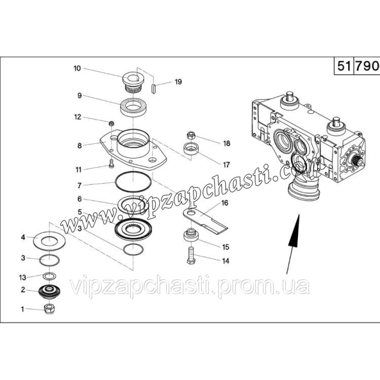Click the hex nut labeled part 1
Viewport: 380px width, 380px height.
click(49, 309)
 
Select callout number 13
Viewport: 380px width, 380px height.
click(22, 277)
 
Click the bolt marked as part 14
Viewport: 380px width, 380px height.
click(191, 255)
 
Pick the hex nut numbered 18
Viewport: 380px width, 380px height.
click(191, 135)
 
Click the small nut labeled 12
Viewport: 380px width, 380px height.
click(111, 123)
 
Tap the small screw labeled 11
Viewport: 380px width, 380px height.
click(111, 164)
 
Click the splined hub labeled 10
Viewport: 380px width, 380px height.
click(133, 82)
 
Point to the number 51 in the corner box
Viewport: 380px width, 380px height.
click(344, 66)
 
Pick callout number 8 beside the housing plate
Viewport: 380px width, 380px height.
click(79, 146)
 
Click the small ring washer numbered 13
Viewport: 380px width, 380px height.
click(49, 276)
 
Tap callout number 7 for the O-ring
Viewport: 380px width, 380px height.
click(79, 186)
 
